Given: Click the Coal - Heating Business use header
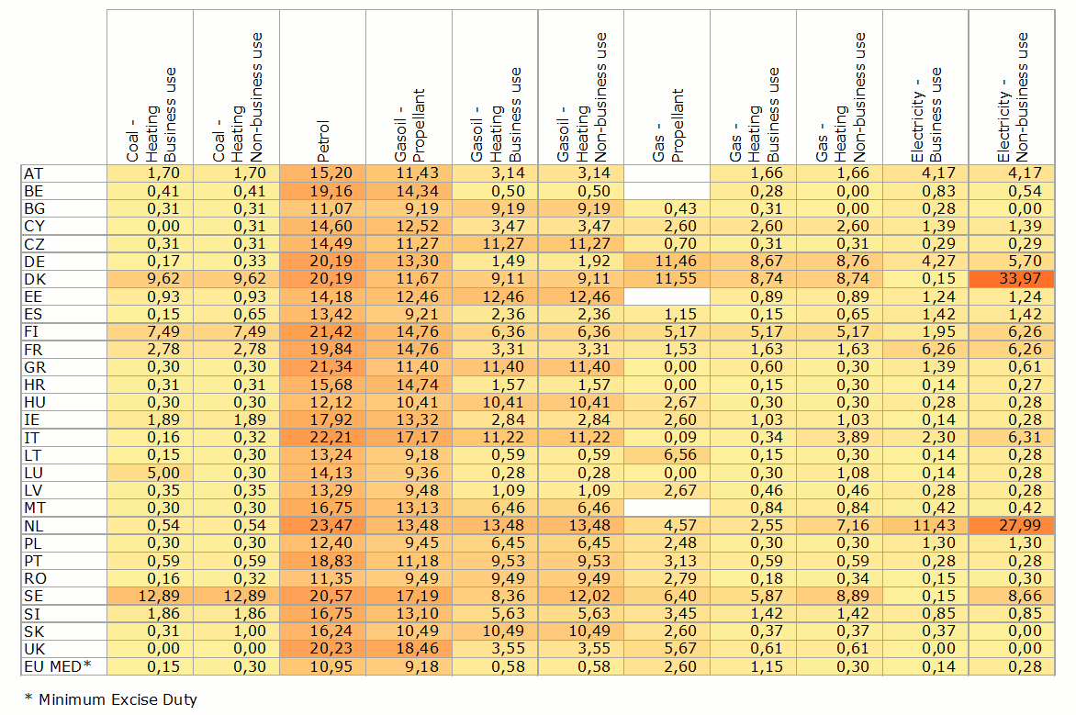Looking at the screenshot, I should click(150, 116).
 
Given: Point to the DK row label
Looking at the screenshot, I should click(34, 279).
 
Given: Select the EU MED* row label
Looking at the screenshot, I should click(58, 665).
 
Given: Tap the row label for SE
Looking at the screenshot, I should click(33, 596).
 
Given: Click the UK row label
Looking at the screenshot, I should click(34, 648).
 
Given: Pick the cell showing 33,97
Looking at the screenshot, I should click(1014, 279).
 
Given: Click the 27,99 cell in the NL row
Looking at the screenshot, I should click(1014, 525).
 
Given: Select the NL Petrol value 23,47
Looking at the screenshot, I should click(322, 525).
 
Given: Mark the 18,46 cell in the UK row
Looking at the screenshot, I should click(409, 648).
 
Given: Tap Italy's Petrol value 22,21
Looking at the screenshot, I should click(322, 437).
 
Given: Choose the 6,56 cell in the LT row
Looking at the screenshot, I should click(667, 455).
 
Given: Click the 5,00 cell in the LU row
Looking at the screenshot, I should click(150, 473).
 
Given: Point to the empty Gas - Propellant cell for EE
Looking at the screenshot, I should click(667, 296).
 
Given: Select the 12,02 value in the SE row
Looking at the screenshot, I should click(581, 596).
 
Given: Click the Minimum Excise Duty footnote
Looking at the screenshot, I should click(111, 699).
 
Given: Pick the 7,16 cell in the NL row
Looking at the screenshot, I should click(840, 525).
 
